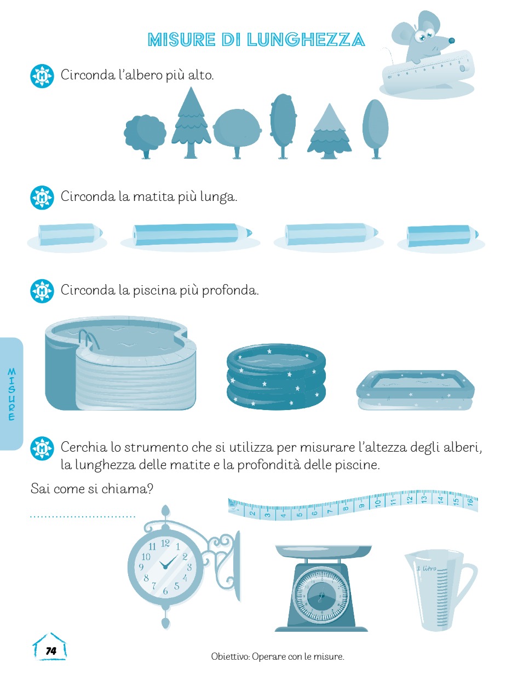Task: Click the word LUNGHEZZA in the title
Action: pos(306,39)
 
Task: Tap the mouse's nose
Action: pos(451,41)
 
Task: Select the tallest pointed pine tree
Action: pos(191,123)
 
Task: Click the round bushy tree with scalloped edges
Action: pos(145,136)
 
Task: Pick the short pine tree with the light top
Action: pos(329,131)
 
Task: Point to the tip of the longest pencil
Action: pos(251,232)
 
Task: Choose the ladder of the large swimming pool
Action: pos(88,341)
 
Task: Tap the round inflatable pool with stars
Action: pos(276,377)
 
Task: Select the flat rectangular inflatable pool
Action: pos(415,390)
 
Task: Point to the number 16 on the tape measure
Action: pos(470,502)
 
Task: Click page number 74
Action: pos(51,651)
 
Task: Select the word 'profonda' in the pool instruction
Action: pos(230,290)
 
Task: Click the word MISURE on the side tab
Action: pos(11,394)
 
